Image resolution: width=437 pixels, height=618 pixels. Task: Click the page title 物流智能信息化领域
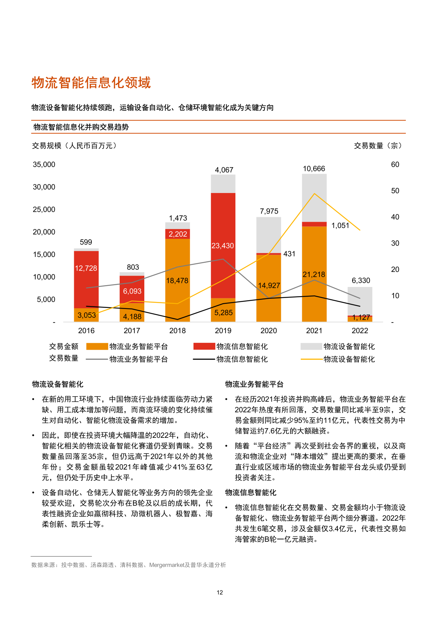click(91, 83)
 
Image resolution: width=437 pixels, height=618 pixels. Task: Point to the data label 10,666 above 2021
click(314, 169)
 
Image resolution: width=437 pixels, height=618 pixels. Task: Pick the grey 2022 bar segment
click(360, 299)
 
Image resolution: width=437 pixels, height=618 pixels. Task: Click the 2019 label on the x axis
click(223, 331)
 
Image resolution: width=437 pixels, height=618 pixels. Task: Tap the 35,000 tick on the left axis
click(44, 164)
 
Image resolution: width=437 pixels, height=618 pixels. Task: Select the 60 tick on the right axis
click(395, 164)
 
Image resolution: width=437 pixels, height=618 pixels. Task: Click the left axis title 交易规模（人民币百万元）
click(75, 146)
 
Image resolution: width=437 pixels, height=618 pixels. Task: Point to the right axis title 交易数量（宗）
click(378, 146)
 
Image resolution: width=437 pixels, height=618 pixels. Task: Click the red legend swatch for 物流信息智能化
click(204, 346)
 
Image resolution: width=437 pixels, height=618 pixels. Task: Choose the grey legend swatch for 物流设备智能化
click(311, 346)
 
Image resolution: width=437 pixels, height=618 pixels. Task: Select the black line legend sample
click(204, 359)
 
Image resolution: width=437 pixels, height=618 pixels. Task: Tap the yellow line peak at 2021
click(314, 193)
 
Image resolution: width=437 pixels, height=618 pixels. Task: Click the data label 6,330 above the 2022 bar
click(361, 280)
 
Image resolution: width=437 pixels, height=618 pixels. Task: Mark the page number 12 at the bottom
click(220, 592)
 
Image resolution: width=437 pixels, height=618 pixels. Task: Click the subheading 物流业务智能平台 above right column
click(254, 384)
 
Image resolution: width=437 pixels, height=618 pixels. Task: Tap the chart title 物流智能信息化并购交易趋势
click(81, 127)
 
